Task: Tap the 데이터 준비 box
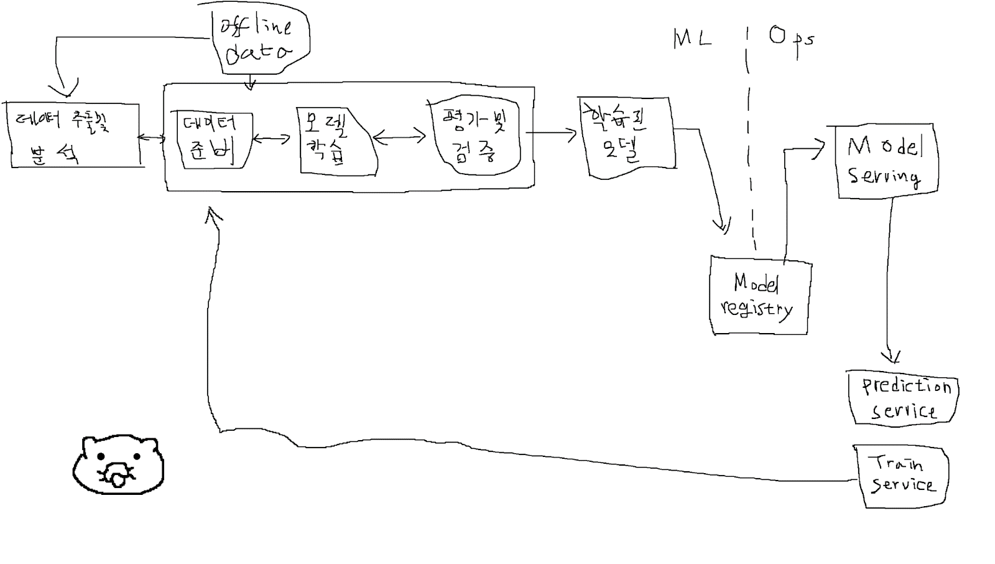click(213, 141)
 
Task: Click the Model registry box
click(759, 296)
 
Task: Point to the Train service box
click(903, 475)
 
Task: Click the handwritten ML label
click(692, 39)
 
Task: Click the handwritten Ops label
click(790, 39)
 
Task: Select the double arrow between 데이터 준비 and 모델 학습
click(272, 139)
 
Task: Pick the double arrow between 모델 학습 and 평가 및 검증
click(399, 137)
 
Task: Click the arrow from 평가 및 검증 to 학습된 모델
click(551, 133)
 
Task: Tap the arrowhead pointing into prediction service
click(891, 357)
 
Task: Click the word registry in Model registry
click(756, 309)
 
